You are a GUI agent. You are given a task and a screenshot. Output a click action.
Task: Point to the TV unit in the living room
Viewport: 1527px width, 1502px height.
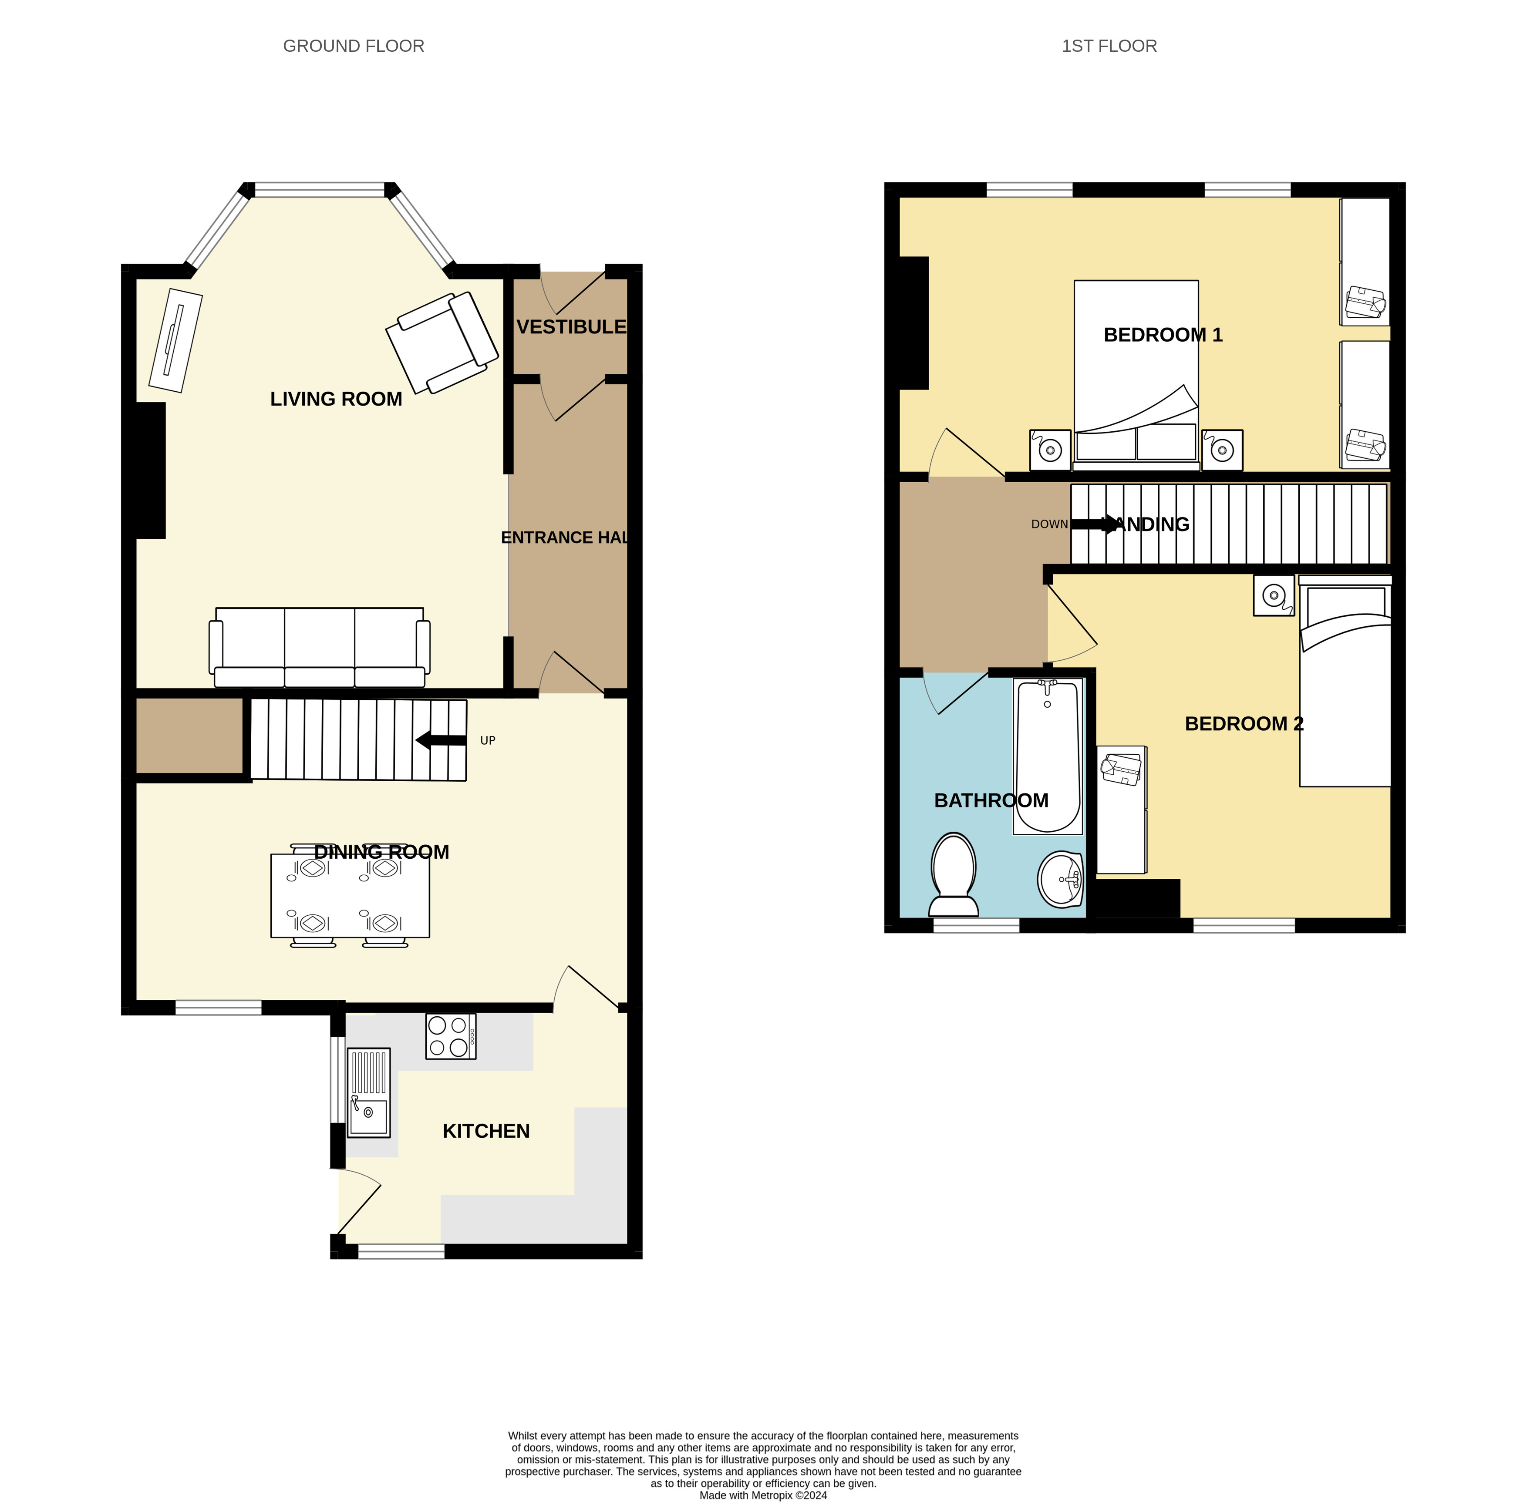[175, 340]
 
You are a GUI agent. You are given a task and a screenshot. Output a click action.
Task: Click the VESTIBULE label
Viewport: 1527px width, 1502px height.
[571, 326]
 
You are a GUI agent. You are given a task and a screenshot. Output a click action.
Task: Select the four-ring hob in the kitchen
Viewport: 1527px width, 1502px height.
[451, 1036]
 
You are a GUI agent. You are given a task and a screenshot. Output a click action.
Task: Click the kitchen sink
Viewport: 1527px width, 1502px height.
[368, 1092]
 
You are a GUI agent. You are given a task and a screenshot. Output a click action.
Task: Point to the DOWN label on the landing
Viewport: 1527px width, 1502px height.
[1049, 524]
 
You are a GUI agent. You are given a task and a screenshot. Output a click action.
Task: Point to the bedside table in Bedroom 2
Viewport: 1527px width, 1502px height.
[1274, 595]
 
